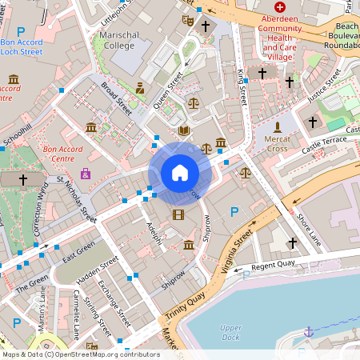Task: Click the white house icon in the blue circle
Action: point(179,172)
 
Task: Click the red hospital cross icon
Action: point(279,6)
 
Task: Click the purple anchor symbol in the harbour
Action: point(308,331)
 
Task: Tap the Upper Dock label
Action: point(230,332)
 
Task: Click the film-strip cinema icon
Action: point(178,214)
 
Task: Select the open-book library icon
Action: point(184,130)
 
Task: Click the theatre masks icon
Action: point(187,20)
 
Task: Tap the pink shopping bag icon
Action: point(86,173)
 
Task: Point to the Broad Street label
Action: point(115,98)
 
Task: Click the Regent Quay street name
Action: point(274,266)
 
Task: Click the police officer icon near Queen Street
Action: point(140,87)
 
